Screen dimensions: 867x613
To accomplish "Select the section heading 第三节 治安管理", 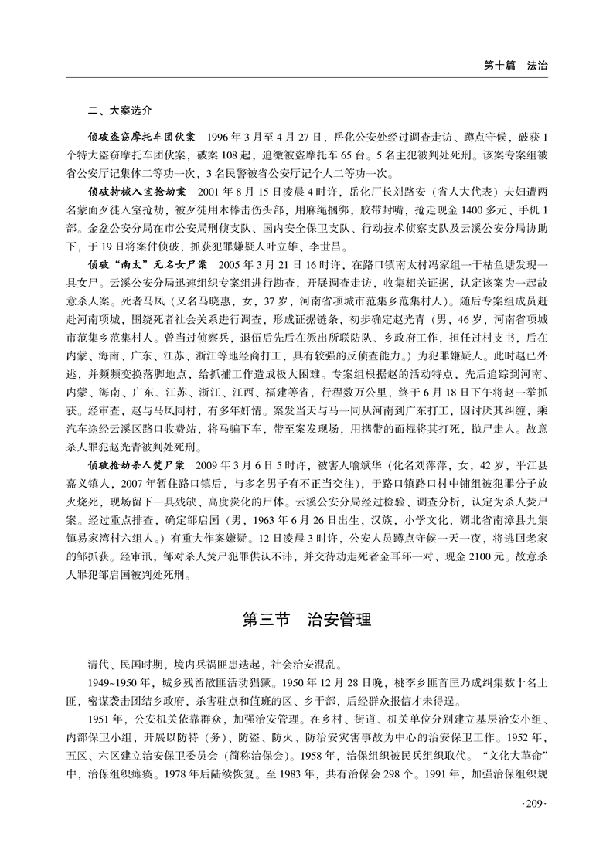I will click(307, 619).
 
